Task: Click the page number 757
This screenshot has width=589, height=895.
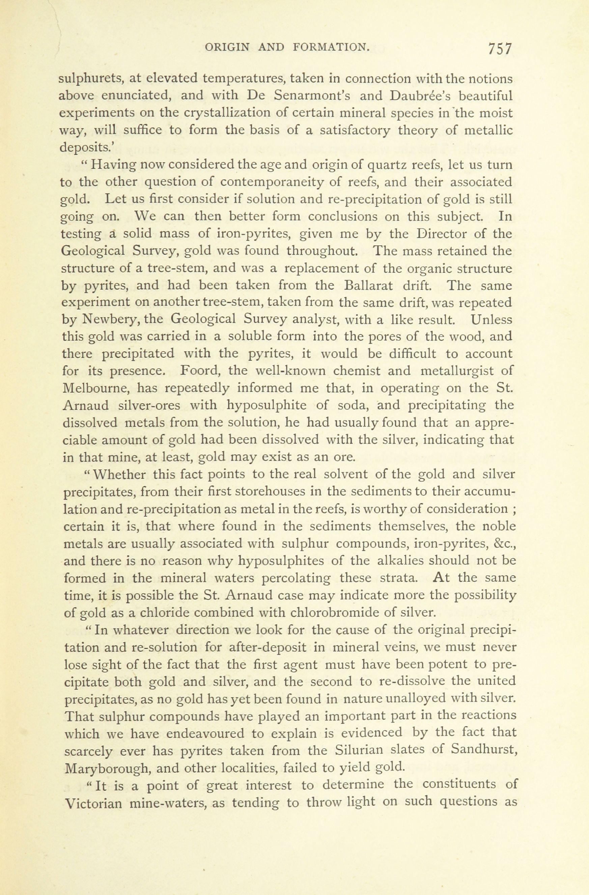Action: tap(500, 49)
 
